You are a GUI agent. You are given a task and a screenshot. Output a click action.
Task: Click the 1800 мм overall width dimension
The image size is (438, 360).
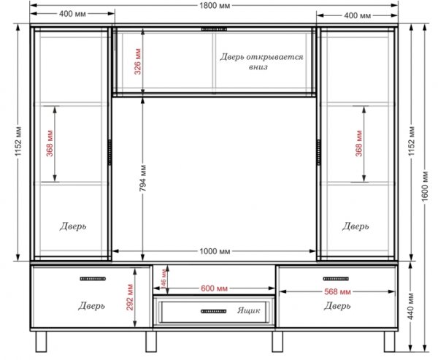[215, 6]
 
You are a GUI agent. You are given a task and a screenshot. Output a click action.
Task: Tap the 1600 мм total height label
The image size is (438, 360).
[425, 186]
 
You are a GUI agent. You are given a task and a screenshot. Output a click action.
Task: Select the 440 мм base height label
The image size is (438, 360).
[410, 306]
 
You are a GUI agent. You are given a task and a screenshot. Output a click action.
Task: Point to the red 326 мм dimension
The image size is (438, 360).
[138, 62]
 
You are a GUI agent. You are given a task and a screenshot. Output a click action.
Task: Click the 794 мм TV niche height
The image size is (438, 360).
[143, 178]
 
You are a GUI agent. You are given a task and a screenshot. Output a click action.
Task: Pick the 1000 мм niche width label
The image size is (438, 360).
[215, 251]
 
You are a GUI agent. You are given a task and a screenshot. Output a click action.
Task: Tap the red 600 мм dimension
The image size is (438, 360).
[214, 288]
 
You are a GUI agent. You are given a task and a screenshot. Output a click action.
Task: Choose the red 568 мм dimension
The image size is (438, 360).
[337, 292]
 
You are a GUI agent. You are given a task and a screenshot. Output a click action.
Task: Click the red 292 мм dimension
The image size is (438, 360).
[130, 297]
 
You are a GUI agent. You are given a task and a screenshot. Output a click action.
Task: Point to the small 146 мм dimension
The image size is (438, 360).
[164, 279]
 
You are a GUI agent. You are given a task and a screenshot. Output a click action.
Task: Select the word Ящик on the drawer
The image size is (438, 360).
[249, 310]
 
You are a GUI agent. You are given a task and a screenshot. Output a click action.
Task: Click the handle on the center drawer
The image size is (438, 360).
[214, 311]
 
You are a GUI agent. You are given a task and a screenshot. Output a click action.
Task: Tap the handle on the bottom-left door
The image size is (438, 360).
[93, 279]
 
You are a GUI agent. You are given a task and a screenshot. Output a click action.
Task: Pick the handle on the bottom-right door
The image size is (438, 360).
[336, 279]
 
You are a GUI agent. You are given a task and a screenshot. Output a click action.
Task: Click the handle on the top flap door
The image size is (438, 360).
[214, 29]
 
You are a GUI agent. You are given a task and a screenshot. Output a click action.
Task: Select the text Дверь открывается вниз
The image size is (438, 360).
[261, 62]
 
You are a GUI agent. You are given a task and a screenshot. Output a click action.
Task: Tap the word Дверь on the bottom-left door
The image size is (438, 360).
[92, 306]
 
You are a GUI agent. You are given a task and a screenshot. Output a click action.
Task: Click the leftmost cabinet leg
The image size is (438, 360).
[41, 342]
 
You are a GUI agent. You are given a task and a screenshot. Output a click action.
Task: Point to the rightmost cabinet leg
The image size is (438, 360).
[389, 342]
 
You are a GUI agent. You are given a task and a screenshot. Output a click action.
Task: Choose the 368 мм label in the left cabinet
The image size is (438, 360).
[50, 143]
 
